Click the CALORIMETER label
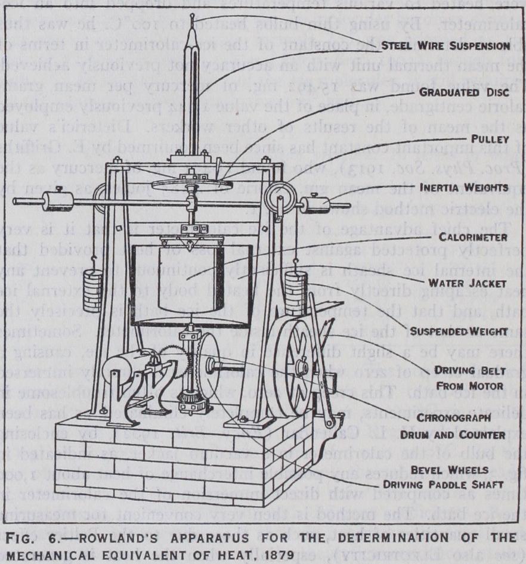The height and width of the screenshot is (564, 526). pos(474,237)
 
